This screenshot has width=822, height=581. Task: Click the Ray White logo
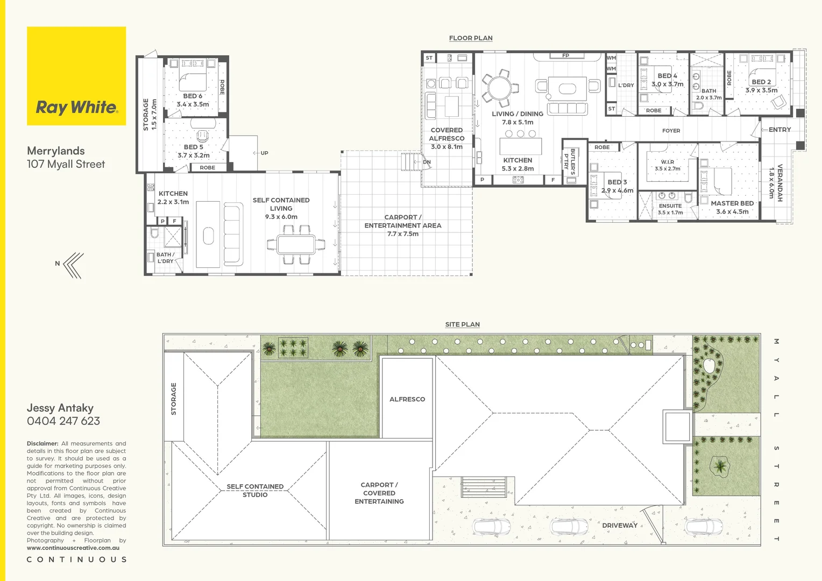[76, 76]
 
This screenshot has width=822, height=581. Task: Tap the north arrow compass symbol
[73, 265]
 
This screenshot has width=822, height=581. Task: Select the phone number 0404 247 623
[63, 421]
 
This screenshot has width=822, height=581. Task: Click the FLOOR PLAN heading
[471, 38]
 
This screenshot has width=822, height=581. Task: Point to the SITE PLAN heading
[462, 324]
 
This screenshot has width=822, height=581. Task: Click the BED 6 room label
[193, 96]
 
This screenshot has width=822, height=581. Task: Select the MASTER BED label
[732, 203]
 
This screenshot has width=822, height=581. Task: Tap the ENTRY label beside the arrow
[780, 130]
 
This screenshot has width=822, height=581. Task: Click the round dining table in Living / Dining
[500, 88]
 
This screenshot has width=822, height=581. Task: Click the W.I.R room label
[667, 162]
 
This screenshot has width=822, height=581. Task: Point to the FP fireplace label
[565, 55]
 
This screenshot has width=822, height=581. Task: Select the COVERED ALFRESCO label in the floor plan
[447, 134]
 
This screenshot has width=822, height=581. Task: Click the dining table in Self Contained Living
[296, 245]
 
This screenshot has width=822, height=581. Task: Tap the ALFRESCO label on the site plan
[407, 399]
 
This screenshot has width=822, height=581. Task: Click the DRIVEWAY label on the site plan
[620, 525]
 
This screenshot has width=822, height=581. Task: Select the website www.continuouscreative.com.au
[73, 548]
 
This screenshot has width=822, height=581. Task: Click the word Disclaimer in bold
[42, 444]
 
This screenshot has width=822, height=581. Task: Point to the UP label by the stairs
[264, 153]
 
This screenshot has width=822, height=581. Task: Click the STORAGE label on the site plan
[174, 399]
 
